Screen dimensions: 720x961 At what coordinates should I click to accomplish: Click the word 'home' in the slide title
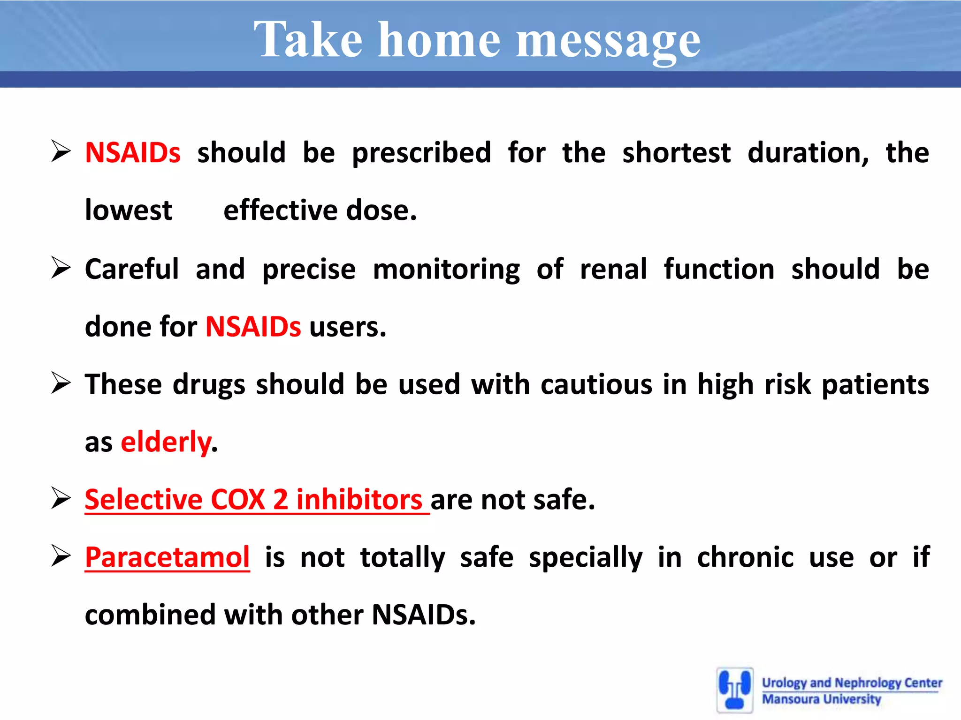pyautogui.click(x=439, y=41)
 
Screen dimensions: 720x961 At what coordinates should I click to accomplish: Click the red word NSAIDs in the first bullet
pyautogui.click(x=132, y=153)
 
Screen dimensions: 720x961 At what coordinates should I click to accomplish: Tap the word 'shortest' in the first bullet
pyautogui.click(x=676, y=153)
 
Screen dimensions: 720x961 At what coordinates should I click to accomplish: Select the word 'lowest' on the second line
pyautogui.click(x=129, y=210)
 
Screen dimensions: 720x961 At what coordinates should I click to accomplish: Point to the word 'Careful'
pyautogui.click(x=132, y=269)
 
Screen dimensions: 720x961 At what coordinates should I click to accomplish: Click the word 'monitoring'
pyautogui.click(x=446, y=270)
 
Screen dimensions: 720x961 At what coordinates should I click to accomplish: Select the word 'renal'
pyautogui.click(x=613, y=269)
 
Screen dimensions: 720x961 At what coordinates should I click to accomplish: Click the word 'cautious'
pyautogui.click(x=596, y=384)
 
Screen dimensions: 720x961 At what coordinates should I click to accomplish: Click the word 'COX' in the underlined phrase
pyautogui.click(x=238, y=499)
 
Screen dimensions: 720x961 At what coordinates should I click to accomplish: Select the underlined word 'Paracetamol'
pyautogui.click(x=167, y=557)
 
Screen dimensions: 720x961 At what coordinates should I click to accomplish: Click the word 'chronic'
pyautogui.click(x=745, y=557)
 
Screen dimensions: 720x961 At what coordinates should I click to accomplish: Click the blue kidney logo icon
pyautogui.click(x=735, y=690)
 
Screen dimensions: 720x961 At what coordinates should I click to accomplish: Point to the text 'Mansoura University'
pyautogui.click(x=821, y=699)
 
